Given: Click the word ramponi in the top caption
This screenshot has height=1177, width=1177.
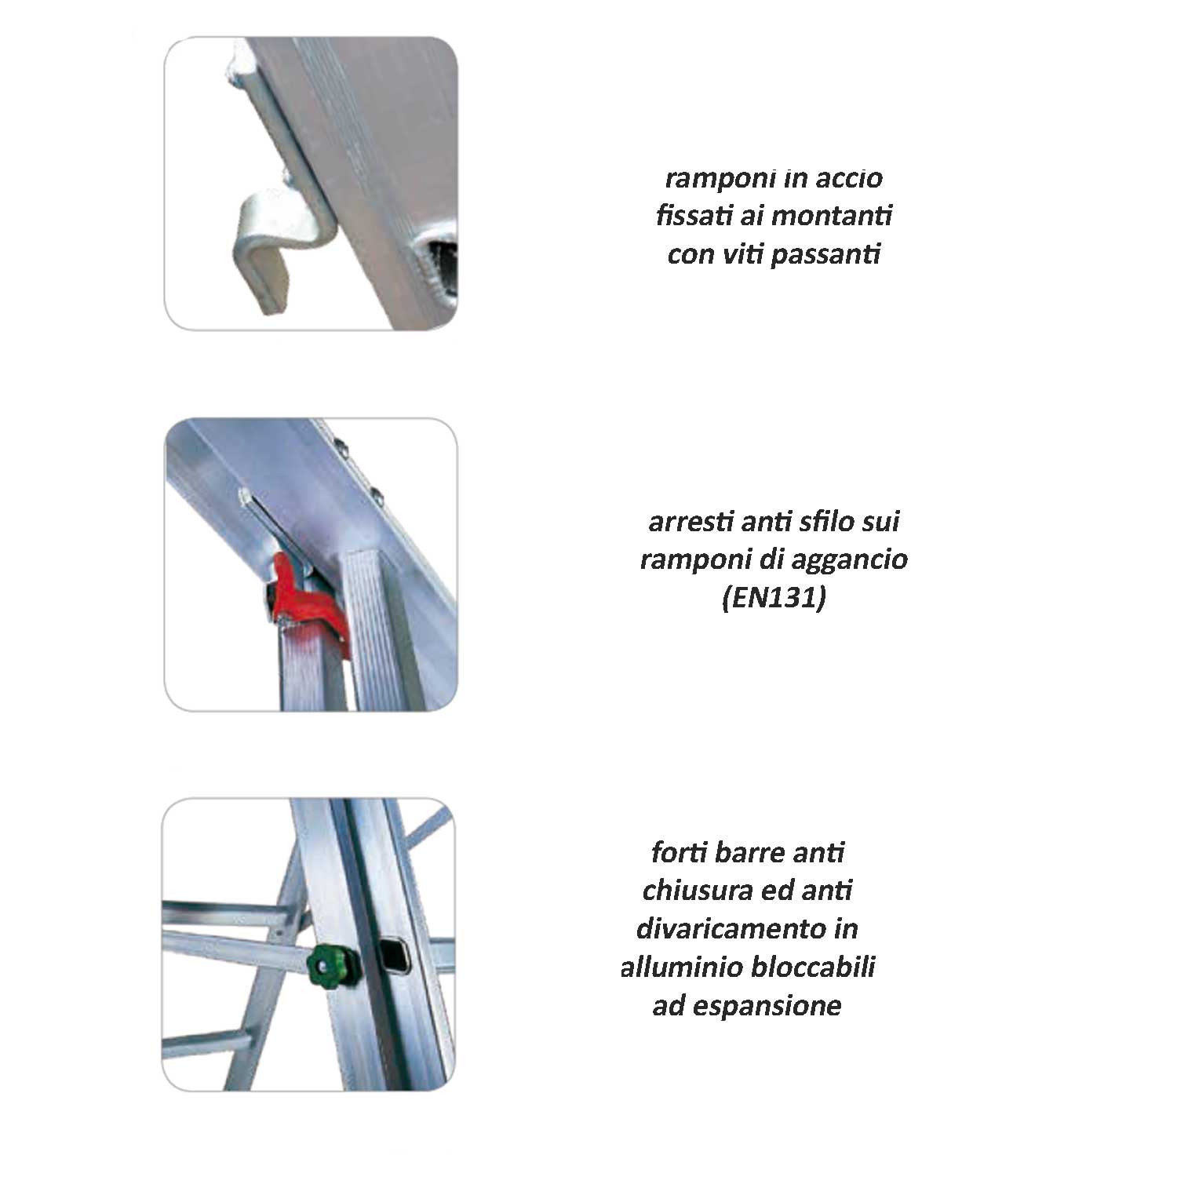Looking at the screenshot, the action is [713, 178].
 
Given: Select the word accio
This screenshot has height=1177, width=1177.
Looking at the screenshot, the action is [850, 178].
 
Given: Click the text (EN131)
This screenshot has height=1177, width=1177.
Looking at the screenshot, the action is [774, 599].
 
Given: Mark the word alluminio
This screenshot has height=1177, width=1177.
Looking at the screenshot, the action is [682, 967].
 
